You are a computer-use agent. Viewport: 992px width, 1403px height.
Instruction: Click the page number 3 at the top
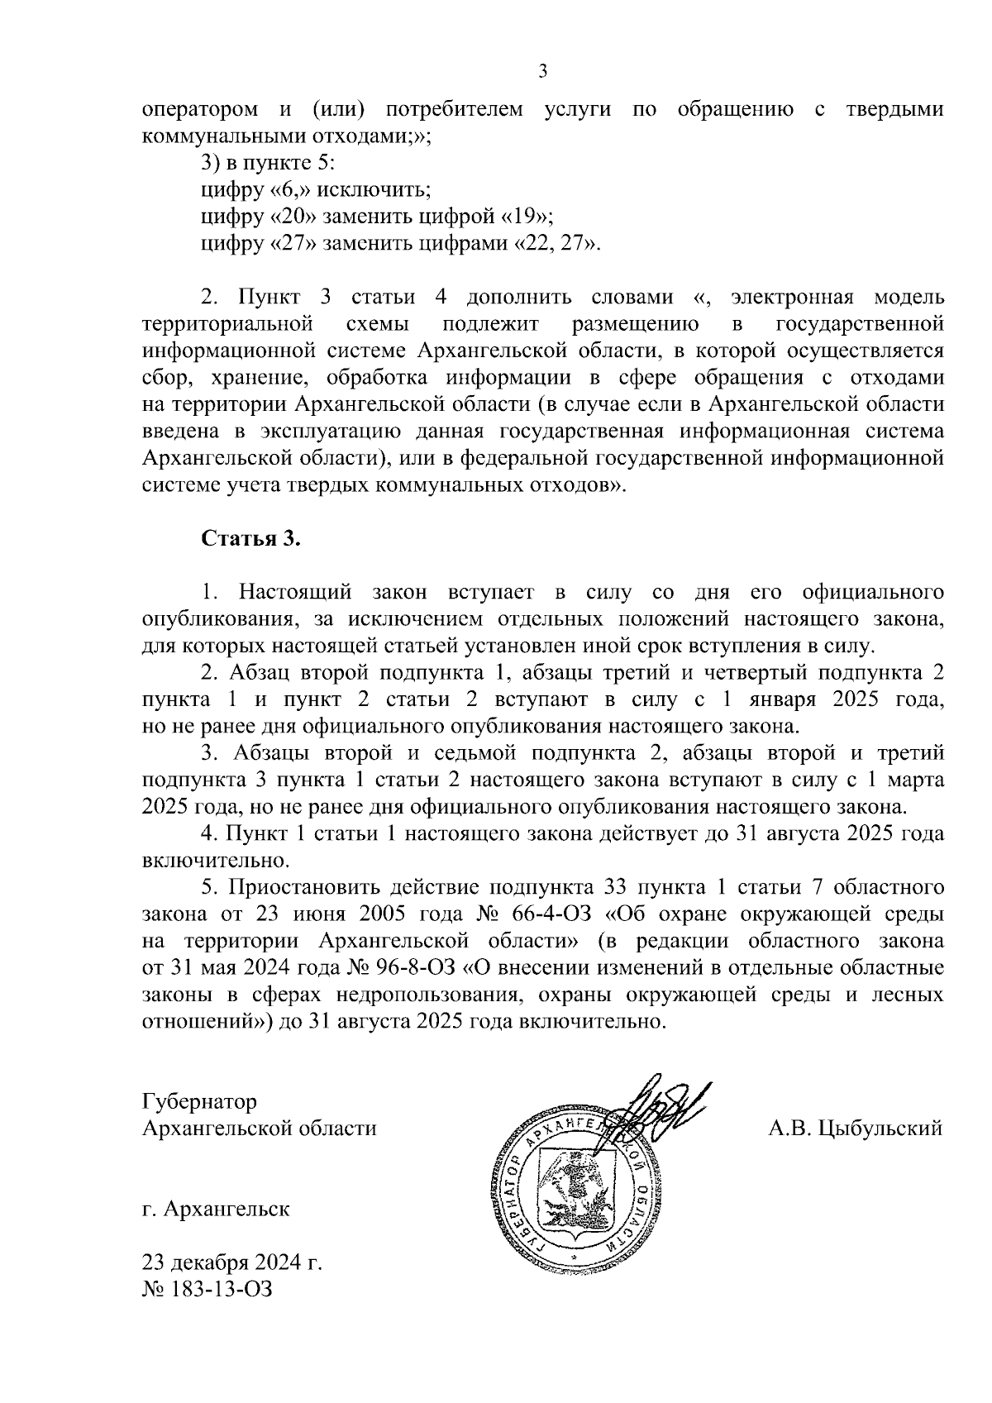[x=543, y=72]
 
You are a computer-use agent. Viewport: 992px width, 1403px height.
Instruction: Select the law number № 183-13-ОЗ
[x=207, y=1289]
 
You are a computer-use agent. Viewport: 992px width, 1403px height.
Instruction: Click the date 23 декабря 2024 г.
[x=231, y=1263]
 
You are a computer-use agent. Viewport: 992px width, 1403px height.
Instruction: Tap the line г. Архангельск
[x=216, y=1209]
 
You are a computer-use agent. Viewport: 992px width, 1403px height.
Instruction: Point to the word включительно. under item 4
[x=216, y=860]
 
